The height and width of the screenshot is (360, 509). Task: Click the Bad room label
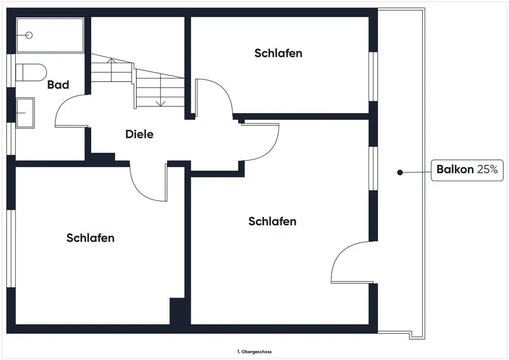coord(58,85)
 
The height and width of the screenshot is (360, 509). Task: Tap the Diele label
coord(139,134)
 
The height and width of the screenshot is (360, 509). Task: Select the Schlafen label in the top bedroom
coord(278,53)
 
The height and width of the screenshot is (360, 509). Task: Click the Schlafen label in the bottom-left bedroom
coord(90,238)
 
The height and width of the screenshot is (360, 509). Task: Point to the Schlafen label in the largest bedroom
coord(272,221)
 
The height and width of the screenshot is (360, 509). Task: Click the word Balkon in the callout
coord(455,170)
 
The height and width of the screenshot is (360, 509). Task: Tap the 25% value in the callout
coord(487,170)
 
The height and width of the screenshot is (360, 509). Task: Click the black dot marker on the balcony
coord(400,173)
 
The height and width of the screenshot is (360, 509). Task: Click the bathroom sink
coord(24,112)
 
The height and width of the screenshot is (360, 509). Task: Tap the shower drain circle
coord(29,35)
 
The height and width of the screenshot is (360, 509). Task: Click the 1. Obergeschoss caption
coord(254,351)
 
